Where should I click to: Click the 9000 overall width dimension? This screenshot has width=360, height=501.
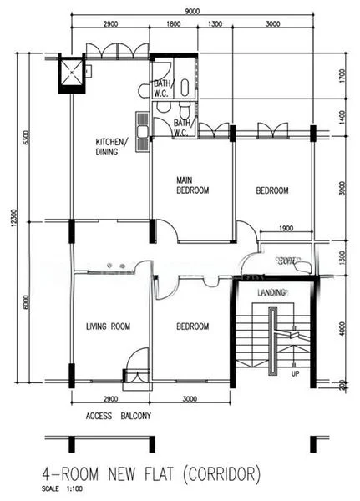tap(191, 11)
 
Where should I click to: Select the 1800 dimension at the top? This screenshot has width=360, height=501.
tap(174, 26)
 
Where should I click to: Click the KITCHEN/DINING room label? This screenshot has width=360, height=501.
tap(111, 146)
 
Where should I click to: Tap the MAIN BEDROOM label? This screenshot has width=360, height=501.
tap(192, 185)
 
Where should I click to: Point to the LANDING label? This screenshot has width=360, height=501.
tap(272, 292)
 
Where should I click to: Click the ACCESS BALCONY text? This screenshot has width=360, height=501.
tap(118, 415)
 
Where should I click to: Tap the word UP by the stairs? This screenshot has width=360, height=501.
tap(294, 373)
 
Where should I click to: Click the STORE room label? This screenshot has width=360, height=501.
tap(288, 261)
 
